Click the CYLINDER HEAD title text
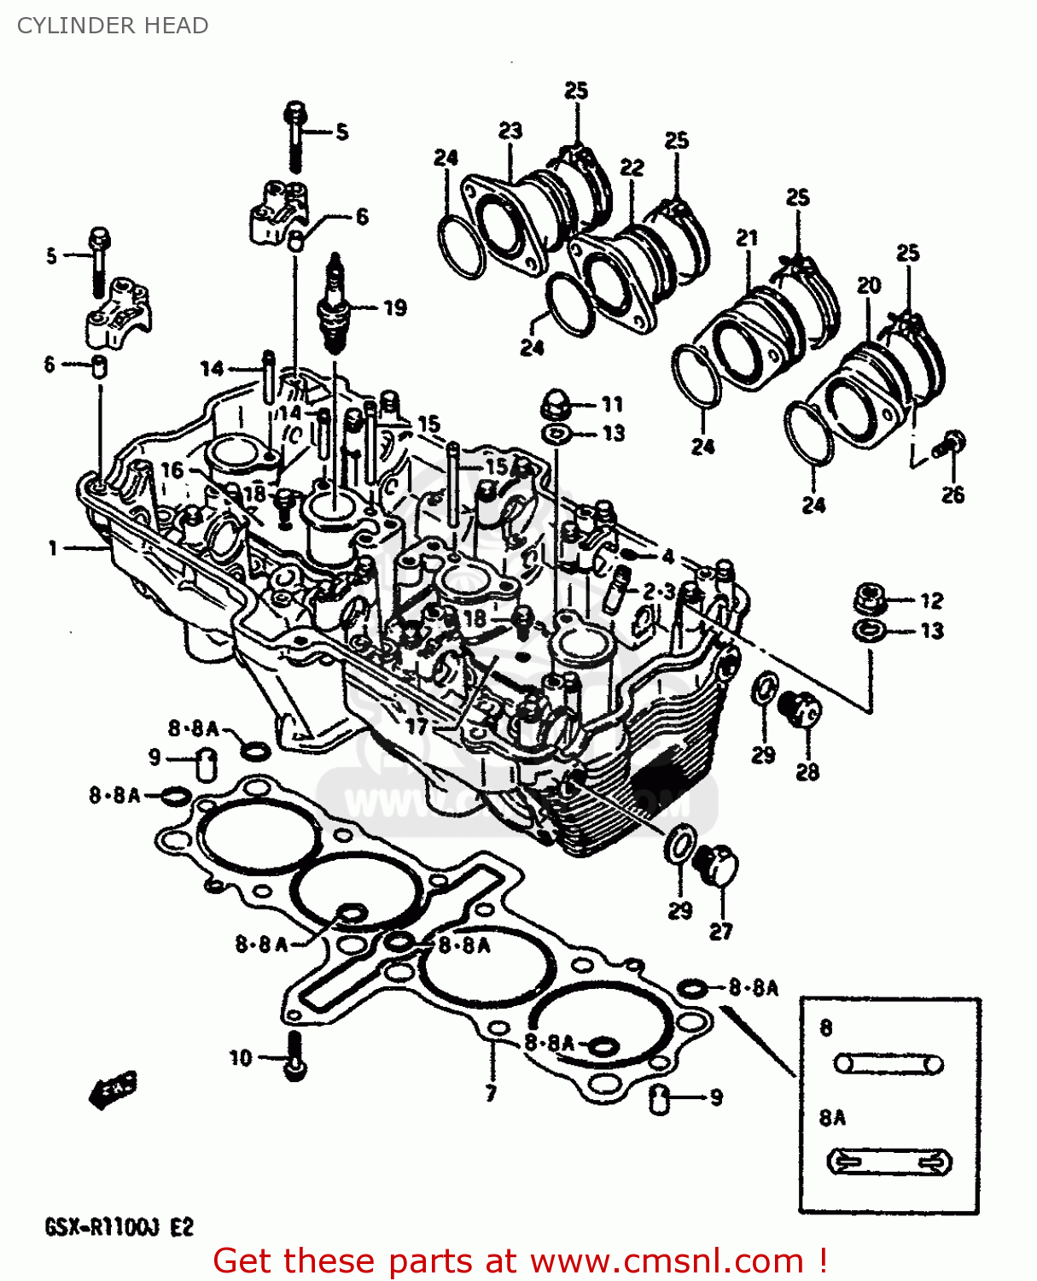(113, 26)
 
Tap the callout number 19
(394, 308)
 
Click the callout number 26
(953, 494)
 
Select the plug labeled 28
(800, 710)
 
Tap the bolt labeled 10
(294, 1056)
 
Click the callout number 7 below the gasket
(491, 1093)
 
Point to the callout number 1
(53, 548)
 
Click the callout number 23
(510, 131)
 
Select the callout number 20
(869, 285)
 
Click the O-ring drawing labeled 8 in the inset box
(888, 1064)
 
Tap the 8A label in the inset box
(832, 1118)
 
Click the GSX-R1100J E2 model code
(119, 1228)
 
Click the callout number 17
(417, 727)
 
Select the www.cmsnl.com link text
(667, 1261)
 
